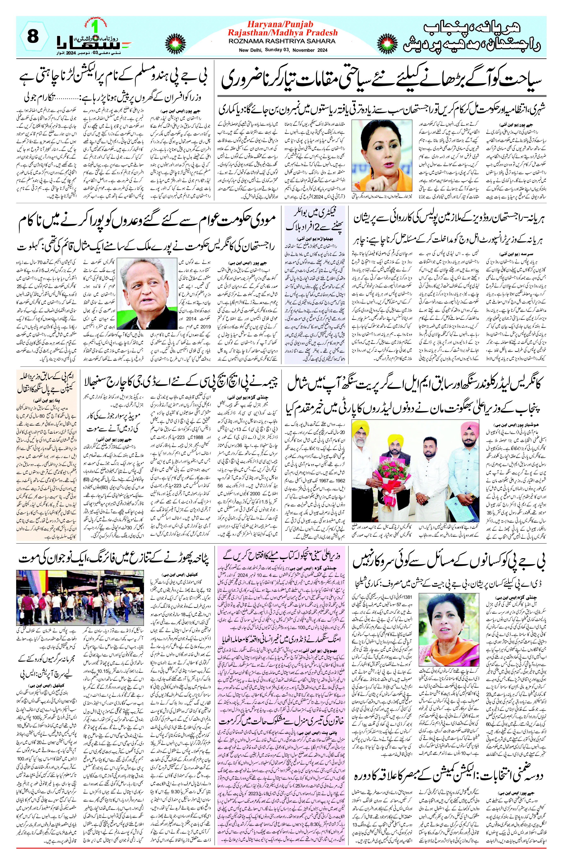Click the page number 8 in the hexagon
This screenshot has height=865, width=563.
(x=33, y=37)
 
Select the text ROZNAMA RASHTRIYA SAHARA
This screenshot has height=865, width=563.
(x=282, y=41)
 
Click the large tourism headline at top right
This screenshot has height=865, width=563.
(x=381, y=78)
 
